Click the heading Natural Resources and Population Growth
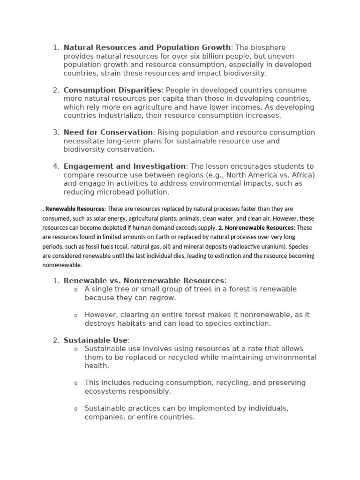click(147, 47)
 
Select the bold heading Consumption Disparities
click(112, 90)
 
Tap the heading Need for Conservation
click(108, 132)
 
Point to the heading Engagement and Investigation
click(125, 166)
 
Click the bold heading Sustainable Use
click(96, 340)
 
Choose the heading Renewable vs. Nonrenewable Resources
click(144, 280)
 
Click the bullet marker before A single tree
click(76, 290)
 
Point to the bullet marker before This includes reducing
click(76, 383)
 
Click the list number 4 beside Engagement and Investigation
click(56, 166)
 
